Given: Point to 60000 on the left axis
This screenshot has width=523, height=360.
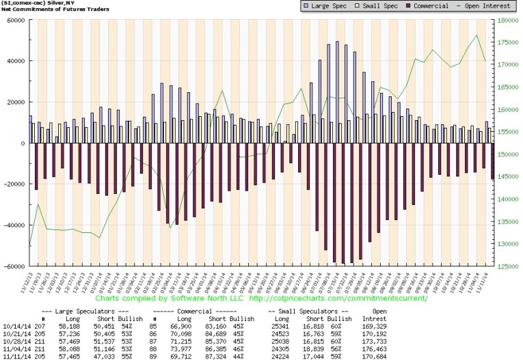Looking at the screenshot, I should (14, 20).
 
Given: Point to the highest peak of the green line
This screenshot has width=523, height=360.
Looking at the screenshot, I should (476, 36).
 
